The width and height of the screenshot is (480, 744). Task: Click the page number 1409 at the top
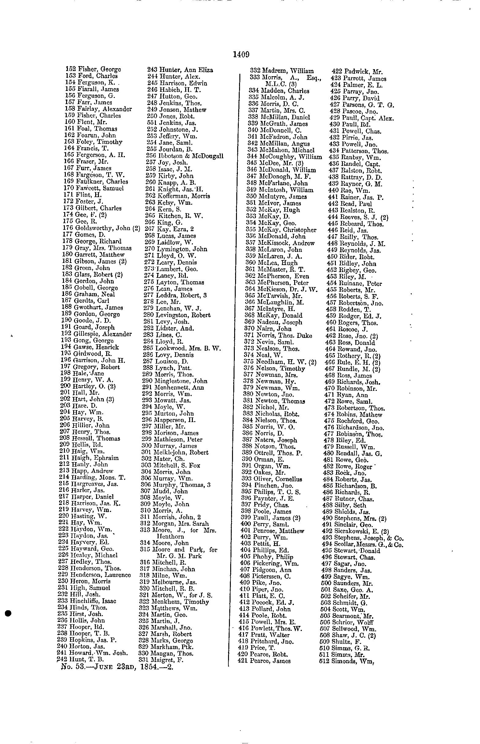pyautogui.click(x=241, y=55)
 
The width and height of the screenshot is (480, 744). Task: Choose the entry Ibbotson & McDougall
pyautogui.click(x=185, y=156)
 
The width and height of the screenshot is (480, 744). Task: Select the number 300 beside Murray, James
pyautogui.click(x=146, y=446)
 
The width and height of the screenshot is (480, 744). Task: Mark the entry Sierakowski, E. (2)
pyautogui.click(x=355, y=531)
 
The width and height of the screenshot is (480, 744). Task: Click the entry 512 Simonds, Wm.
pyautogui.click(x=347, y=661)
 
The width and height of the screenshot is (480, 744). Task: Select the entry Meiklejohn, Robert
pyautogui.click(x=174, y=452)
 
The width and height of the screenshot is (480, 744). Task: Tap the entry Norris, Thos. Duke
pyautogui.click(x=278, y=335)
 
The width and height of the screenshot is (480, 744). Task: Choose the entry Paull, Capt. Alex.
pyautogui.click(x=362, y=118)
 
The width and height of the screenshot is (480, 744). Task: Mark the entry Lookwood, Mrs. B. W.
pyautogui.click(x=182, y=348)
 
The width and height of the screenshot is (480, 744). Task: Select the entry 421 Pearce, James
pyautogui.click(x=264, y=661)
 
